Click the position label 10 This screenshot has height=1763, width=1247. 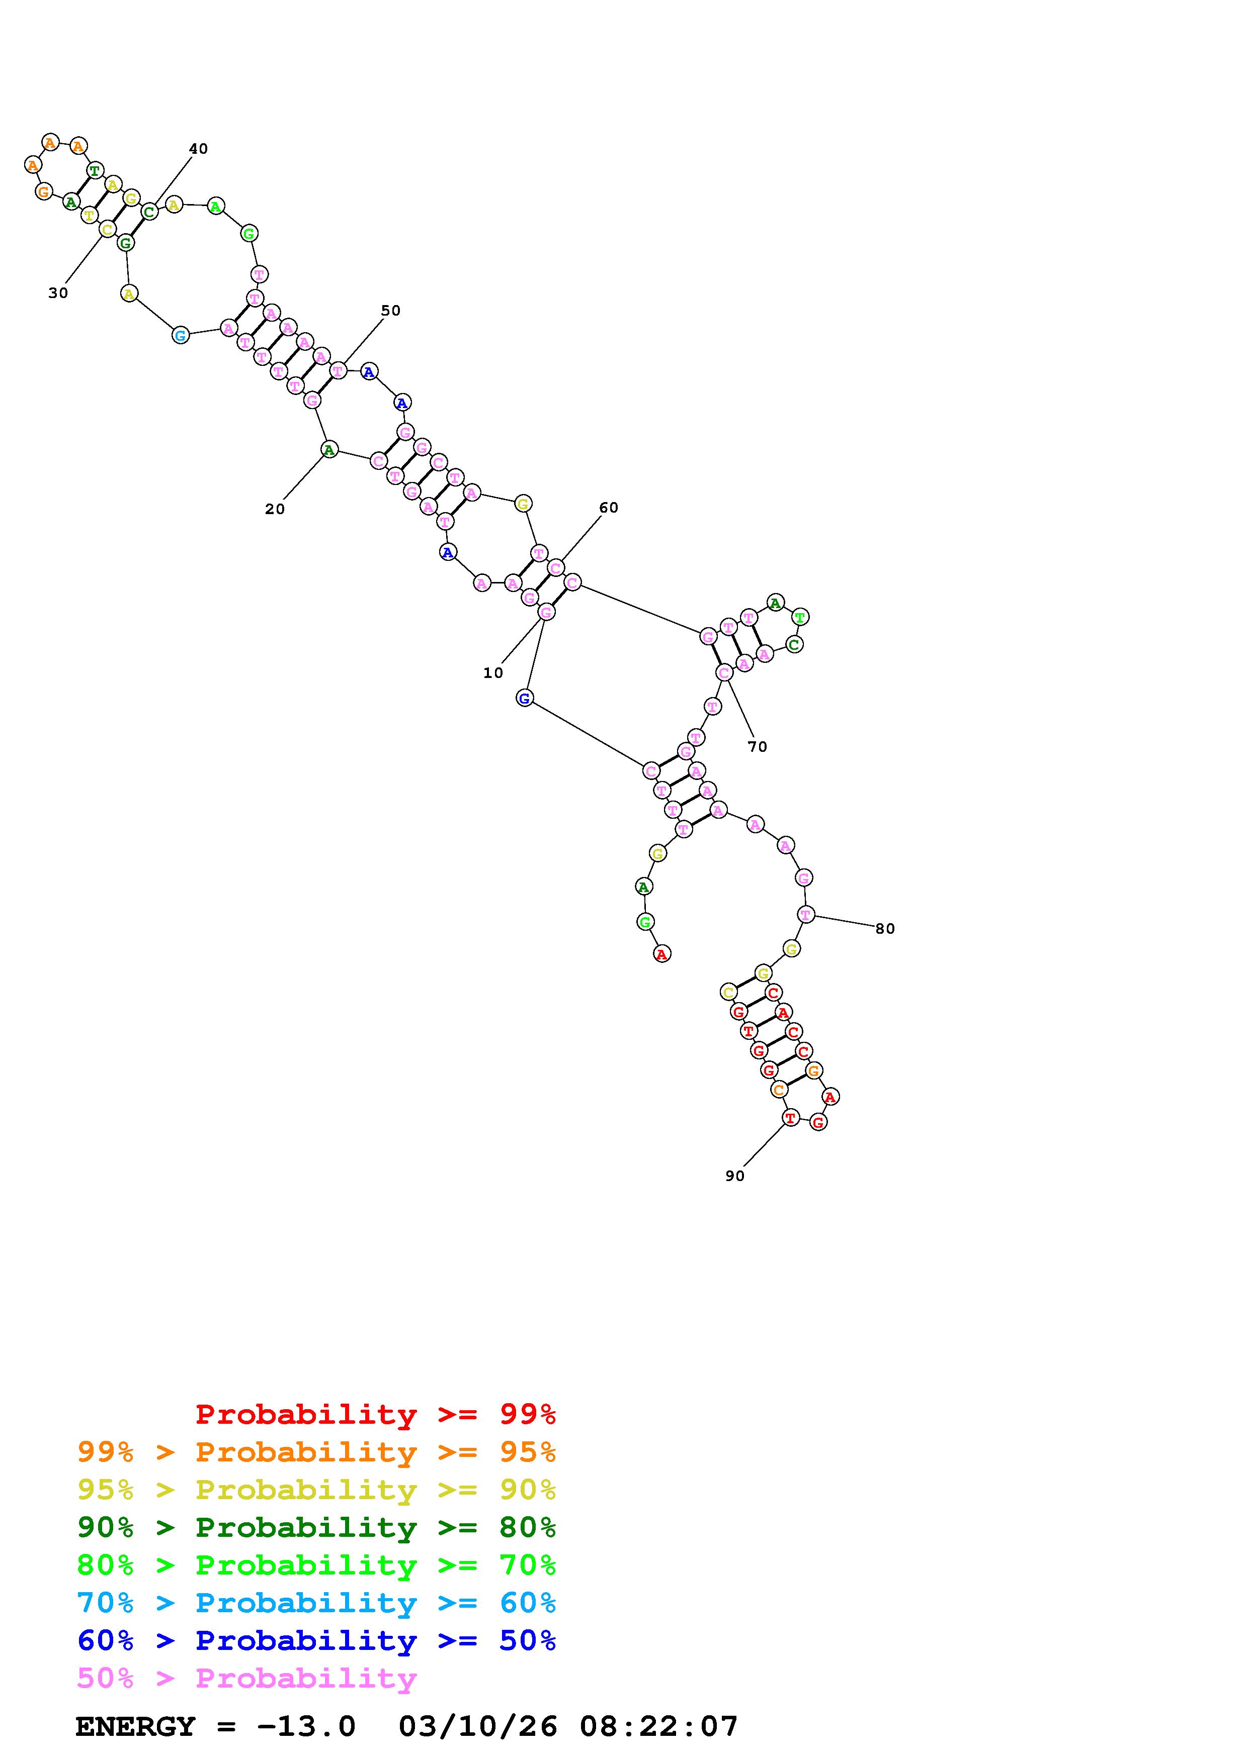click(x=492, y=672)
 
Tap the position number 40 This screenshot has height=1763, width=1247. click(x=198, y=149)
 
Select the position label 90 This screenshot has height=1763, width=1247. click(x=734, y=1176)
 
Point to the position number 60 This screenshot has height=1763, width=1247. click(x=609, y=508)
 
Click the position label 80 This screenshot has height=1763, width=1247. click(x=885, y=928)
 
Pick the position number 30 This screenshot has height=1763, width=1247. click(x=58, y=292)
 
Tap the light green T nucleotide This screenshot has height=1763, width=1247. click(x=800, y=617)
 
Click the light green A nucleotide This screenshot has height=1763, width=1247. click(x=216, y=206)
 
